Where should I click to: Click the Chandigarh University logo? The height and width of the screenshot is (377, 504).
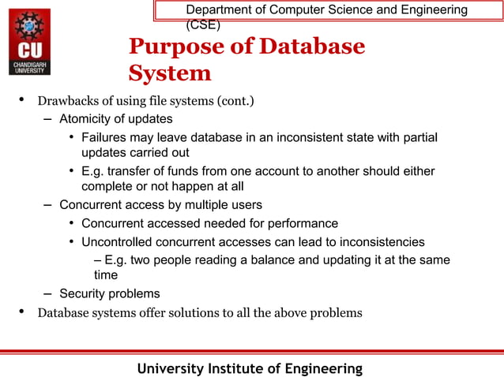pyautogui.click(x=28, y=42)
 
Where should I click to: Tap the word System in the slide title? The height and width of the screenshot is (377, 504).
pyautogui.click(x=170, y=73)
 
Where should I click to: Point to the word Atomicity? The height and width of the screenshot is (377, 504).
pyautogui.click(x=87, y=119)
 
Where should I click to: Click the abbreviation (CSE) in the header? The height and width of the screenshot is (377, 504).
pyautogui.click(x=203, y=24)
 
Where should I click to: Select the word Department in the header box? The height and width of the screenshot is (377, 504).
pyautogui.click(x=217, y=9)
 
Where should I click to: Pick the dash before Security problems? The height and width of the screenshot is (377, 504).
pyautogui.click(x=47, y=293)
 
